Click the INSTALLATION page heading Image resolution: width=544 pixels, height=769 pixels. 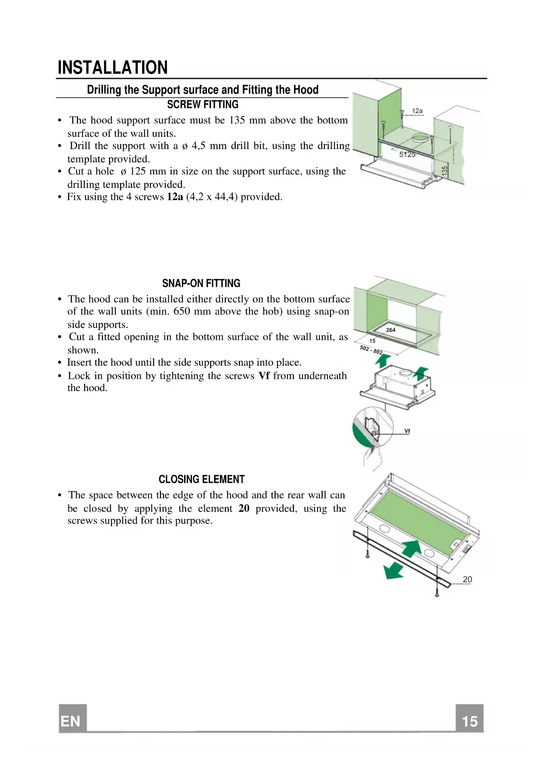[113, 68]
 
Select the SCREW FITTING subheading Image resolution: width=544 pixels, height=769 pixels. [203, 105]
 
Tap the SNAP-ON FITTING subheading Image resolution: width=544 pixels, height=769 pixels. [201, 284]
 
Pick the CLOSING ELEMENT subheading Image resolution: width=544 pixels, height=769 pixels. [202, 480]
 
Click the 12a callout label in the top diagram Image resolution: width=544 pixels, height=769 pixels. [417, 111]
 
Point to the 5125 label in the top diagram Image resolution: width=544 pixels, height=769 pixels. [407, 154]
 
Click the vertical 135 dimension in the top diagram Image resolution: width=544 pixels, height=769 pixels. [444, 171]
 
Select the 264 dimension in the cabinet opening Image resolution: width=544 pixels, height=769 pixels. [391, 330]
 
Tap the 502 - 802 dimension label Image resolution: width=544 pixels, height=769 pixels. [371, 350]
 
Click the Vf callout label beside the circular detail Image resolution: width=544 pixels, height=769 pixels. [407, 431]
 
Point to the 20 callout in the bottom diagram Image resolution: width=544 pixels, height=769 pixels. [467, 580]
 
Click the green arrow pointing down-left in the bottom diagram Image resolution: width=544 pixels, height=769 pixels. [393, 571]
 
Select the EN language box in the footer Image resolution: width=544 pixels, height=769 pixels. [72, 721]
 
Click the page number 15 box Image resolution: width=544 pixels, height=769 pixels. [469, 721]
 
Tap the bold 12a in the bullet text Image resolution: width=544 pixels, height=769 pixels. [175, 197]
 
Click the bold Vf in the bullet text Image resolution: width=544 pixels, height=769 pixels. [264, 376]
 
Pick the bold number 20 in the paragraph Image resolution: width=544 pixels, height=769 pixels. [244, 509]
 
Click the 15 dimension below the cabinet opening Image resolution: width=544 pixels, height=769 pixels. [372, 341]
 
